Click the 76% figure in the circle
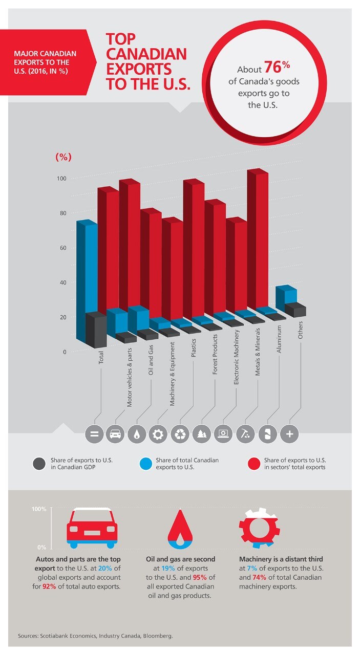(x=277, y=68)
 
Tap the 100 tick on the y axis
(x=60, y=179)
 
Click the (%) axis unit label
(x=63, y=157)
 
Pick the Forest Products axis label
(x=215, y=362)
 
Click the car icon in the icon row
(x=115, y=434)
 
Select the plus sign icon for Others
(x=289, y=434)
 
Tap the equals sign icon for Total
(x=94, y=434)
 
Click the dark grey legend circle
(x=38, y=464)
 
